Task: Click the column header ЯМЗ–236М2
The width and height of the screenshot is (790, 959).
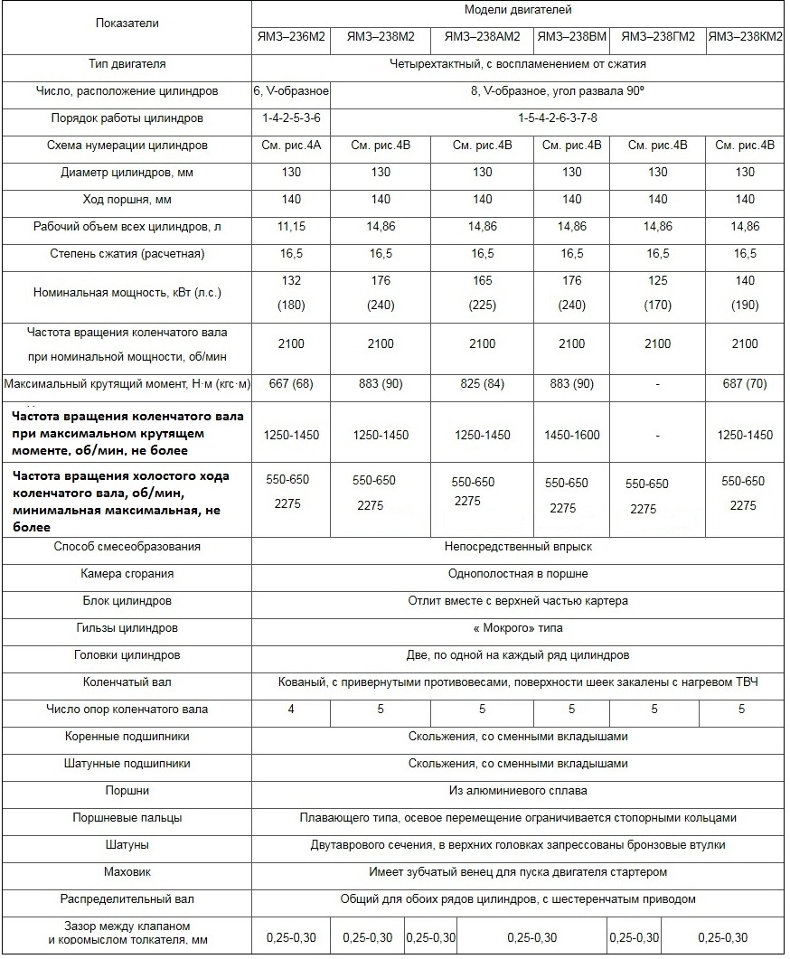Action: click(x=291, y=37)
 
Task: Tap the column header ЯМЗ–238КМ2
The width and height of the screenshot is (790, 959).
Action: click(x=745, y=37)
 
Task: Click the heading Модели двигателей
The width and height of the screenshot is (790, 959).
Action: click(x=518, y=11)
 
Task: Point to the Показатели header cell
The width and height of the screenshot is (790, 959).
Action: click(x=127, y=24)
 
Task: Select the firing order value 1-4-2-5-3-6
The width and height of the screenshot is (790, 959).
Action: click(x=291, y=118)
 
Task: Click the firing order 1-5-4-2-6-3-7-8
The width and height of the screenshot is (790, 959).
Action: click(x=558, y=118)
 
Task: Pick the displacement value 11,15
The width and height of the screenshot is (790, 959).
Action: click(x=291, y=227)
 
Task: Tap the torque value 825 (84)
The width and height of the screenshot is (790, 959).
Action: click(x=483, y=384)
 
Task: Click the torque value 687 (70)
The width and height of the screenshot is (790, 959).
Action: click(x=745, y=384)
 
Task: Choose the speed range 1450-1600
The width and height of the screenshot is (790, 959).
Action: click(x=571, y=436)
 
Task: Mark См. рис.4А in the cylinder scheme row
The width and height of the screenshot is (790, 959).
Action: click(x=291, y=146)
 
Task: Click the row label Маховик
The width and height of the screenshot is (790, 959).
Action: click(x=127, y=872)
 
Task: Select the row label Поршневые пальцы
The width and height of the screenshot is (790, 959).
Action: click(x=127, y=818)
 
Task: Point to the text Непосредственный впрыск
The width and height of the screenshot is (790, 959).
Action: click(x=518, y=547)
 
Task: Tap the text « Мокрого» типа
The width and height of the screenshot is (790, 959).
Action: click(x=518, y=628)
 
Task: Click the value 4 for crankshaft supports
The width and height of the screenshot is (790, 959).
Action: click(x=291, y=710)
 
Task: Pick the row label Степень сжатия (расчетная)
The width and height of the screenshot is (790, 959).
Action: click(x=127, y=254)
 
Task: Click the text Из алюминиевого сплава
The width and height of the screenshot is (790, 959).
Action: click(x=518, y=791)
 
